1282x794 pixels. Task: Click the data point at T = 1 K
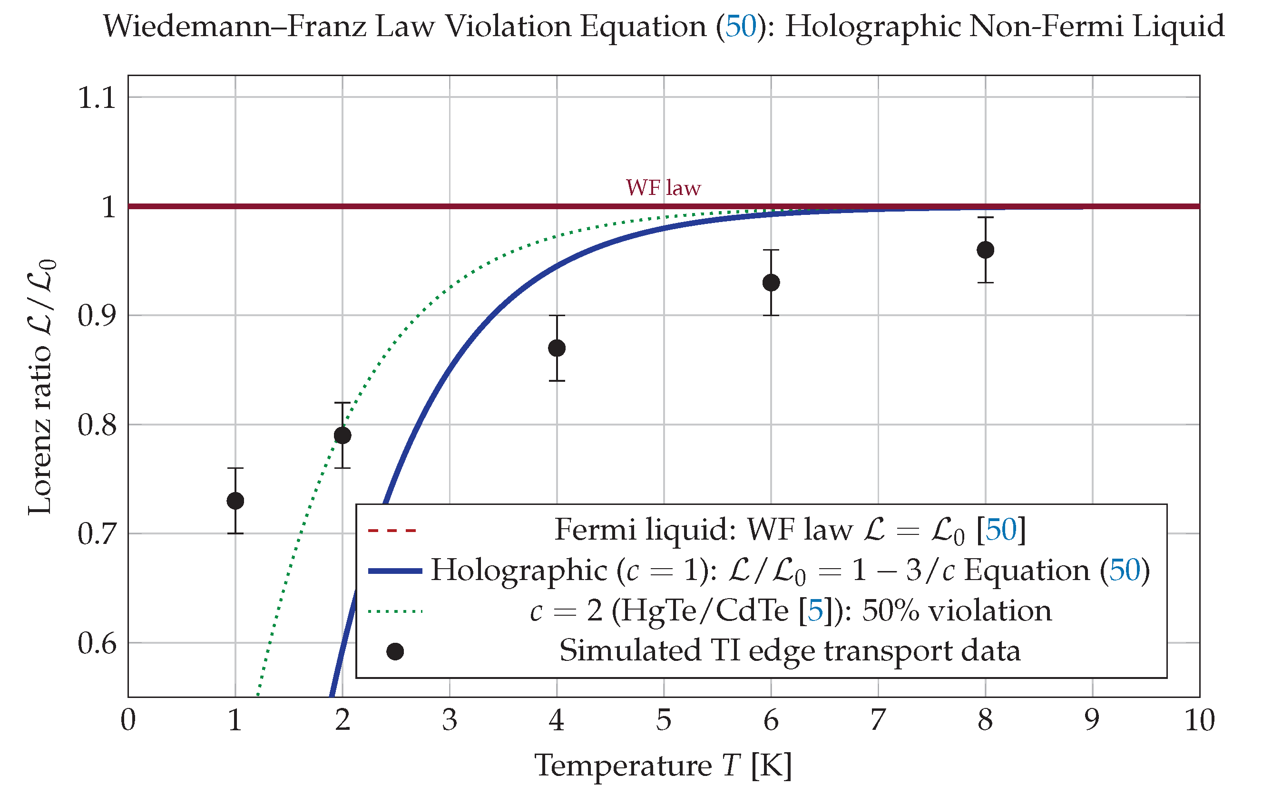click(x=235, y=501)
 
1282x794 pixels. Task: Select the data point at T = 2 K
click(x=343, y=436)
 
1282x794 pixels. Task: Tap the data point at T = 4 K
click(x=557, y=348)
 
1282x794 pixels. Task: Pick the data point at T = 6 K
click(x=771, y=282)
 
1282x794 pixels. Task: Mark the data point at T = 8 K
click(x=985, y=250)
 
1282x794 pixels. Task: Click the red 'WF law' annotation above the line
click(x=663, y=187)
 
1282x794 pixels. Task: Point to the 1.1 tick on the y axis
click(x=97, y=97)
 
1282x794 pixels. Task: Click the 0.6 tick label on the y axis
click(x=97, y=643)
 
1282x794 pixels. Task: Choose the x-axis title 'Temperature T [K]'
click(x=663, y=765)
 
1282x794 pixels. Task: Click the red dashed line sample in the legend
click(x=392, y=531)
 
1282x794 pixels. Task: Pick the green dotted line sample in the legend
click(x=395, y=611)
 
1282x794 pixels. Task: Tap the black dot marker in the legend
click(x=395, y=652)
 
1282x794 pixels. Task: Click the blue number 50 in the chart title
click(x=741, y=26)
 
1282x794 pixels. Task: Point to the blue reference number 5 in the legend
click(x=815, y=611)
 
